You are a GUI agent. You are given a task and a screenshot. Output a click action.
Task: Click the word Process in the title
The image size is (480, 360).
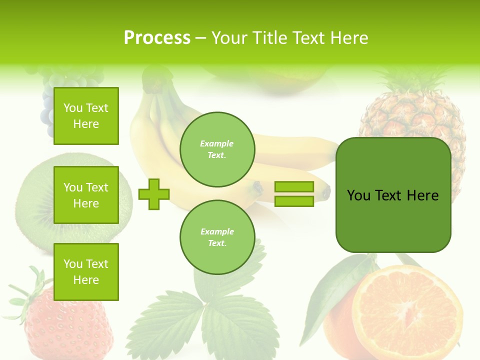pos(157,38)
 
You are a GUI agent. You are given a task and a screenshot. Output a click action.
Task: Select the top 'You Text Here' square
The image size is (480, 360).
pos(86,116)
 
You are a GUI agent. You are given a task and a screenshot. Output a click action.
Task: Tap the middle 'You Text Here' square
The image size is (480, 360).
pos(86,195)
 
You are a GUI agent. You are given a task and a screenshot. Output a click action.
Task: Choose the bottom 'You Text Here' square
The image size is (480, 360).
pos(86,271)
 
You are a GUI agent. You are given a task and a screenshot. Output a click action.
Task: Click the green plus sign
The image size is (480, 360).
pos(154,194)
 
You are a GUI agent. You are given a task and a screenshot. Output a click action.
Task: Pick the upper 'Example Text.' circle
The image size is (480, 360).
pos(217,149)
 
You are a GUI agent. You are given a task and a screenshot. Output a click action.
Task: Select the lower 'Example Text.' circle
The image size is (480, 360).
pos(217,237)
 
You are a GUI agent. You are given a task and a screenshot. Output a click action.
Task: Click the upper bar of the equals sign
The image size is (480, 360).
pos(294,187)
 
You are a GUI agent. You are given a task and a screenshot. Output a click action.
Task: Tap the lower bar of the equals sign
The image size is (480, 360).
pos(294,201)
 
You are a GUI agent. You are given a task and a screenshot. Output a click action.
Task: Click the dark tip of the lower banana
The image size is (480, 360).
pos(326,191)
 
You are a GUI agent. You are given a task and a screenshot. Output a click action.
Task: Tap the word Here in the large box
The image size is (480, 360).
pos(422,195)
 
